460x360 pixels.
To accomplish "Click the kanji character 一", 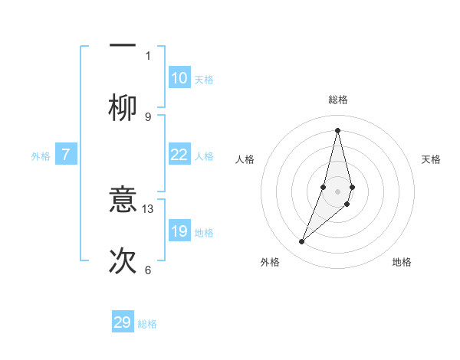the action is (x=123, y=46).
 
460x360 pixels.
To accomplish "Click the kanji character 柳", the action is (x=123, y=109).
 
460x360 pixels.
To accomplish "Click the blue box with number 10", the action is (x=179, y=78).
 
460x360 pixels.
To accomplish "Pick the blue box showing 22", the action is (x=179, y=155).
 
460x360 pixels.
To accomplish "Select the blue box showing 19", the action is (x=179, y=231).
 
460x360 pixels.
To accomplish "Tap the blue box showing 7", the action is (x=66, y=155).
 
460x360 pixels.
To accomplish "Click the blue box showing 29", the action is (x=123, y=322).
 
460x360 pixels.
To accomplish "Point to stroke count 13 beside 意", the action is (x=148, y=208).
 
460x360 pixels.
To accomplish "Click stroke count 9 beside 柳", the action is (x=148, y=117).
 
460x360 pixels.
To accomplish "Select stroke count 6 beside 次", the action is (x=148, y=270).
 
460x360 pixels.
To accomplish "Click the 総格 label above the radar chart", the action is (x=337, y=100).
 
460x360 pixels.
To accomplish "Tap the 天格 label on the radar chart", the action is (x=431, y=159).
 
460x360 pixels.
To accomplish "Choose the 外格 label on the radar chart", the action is (x=270, y=262).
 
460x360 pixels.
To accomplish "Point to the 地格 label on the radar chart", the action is (x=402, y=262).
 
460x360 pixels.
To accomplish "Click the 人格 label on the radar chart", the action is (x=245, y=159).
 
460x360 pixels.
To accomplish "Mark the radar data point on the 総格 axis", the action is (x=337, y=130).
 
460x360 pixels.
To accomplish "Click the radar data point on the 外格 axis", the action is (x=302, y=241).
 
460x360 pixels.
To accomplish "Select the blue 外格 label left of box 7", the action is (x=41, y=156).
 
